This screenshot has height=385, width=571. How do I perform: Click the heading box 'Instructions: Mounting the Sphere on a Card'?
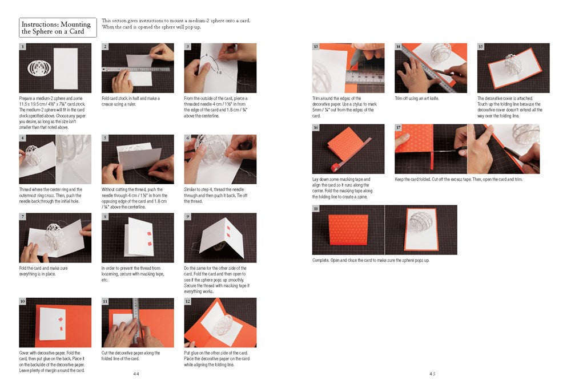coord(58,28)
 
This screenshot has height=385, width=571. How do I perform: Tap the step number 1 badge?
coord(23,47)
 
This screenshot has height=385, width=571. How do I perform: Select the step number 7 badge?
coord(23,217)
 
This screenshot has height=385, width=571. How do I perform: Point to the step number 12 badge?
coord(188,301)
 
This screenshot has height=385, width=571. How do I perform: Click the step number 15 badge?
coord(481,47)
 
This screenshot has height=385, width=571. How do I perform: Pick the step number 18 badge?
coord(316,209)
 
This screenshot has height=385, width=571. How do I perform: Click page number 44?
coord(136,374)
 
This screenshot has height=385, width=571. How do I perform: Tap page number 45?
coord(432,374)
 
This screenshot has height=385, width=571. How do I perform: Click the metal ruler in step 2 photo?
coord(137,69)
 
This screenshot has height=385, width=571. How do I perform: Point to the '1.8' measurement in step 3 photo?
coord(219,73)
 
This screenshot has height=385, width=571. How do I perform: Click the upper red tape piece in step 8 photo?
coord(149,233)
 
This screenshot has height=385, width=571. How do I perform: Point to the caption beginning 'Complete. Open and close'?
coord(371,261)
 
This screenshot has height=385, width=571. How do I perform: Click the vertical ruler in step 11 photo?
coord(136,319)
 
